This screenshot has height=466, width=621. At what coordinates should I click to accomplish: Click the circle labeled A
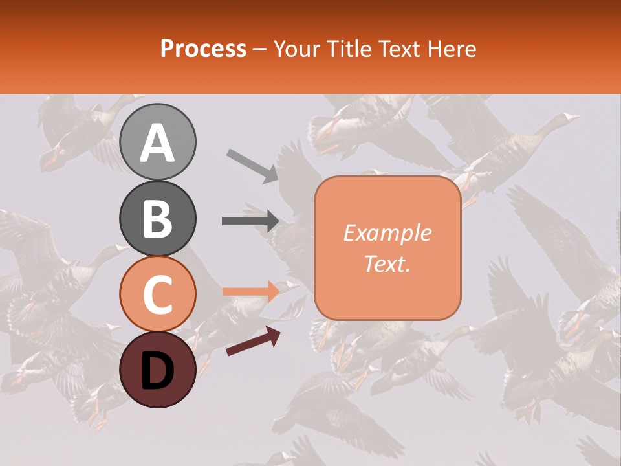(x=158, y=142)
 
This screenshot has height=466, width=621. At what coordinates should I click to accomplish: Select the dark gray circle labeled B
(x=158, y=218)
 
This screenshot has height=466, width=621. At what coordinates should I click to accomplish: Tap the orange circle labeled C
(x=158, y=294)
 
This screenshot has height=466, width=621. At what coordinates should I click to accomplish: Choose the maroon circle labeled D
(x=158, y=370)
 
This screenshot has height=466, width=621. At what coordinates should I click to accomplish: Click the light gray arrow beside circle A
(x=253, y=164)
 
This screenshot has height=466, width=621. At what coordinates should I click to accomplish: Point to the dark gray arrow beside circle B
(x=250, y=221)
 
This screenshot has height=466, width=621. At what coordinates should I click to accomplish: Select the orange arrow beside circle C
(x=251, y=291)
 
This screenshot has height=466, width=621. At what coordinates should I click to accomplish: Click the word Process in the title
(x=203, y=49)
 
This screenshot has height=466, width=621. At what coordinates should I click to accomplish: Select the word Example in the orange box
(x=387, y=233)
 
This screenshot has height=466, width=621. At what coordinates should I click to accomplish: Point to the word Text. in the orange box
(x=387, y=264)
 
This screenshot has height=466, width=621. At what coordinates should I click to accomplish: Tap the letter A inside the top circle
(x=158, y=143)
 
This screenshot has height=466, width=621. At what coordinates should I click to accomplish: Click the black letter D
(x=158, y=371)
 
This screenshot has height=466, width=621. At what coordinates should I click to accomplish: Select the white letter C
(x=158, y=295)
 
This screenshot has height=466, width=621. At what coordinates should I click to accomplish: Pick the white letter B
(x=158, y=219)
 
